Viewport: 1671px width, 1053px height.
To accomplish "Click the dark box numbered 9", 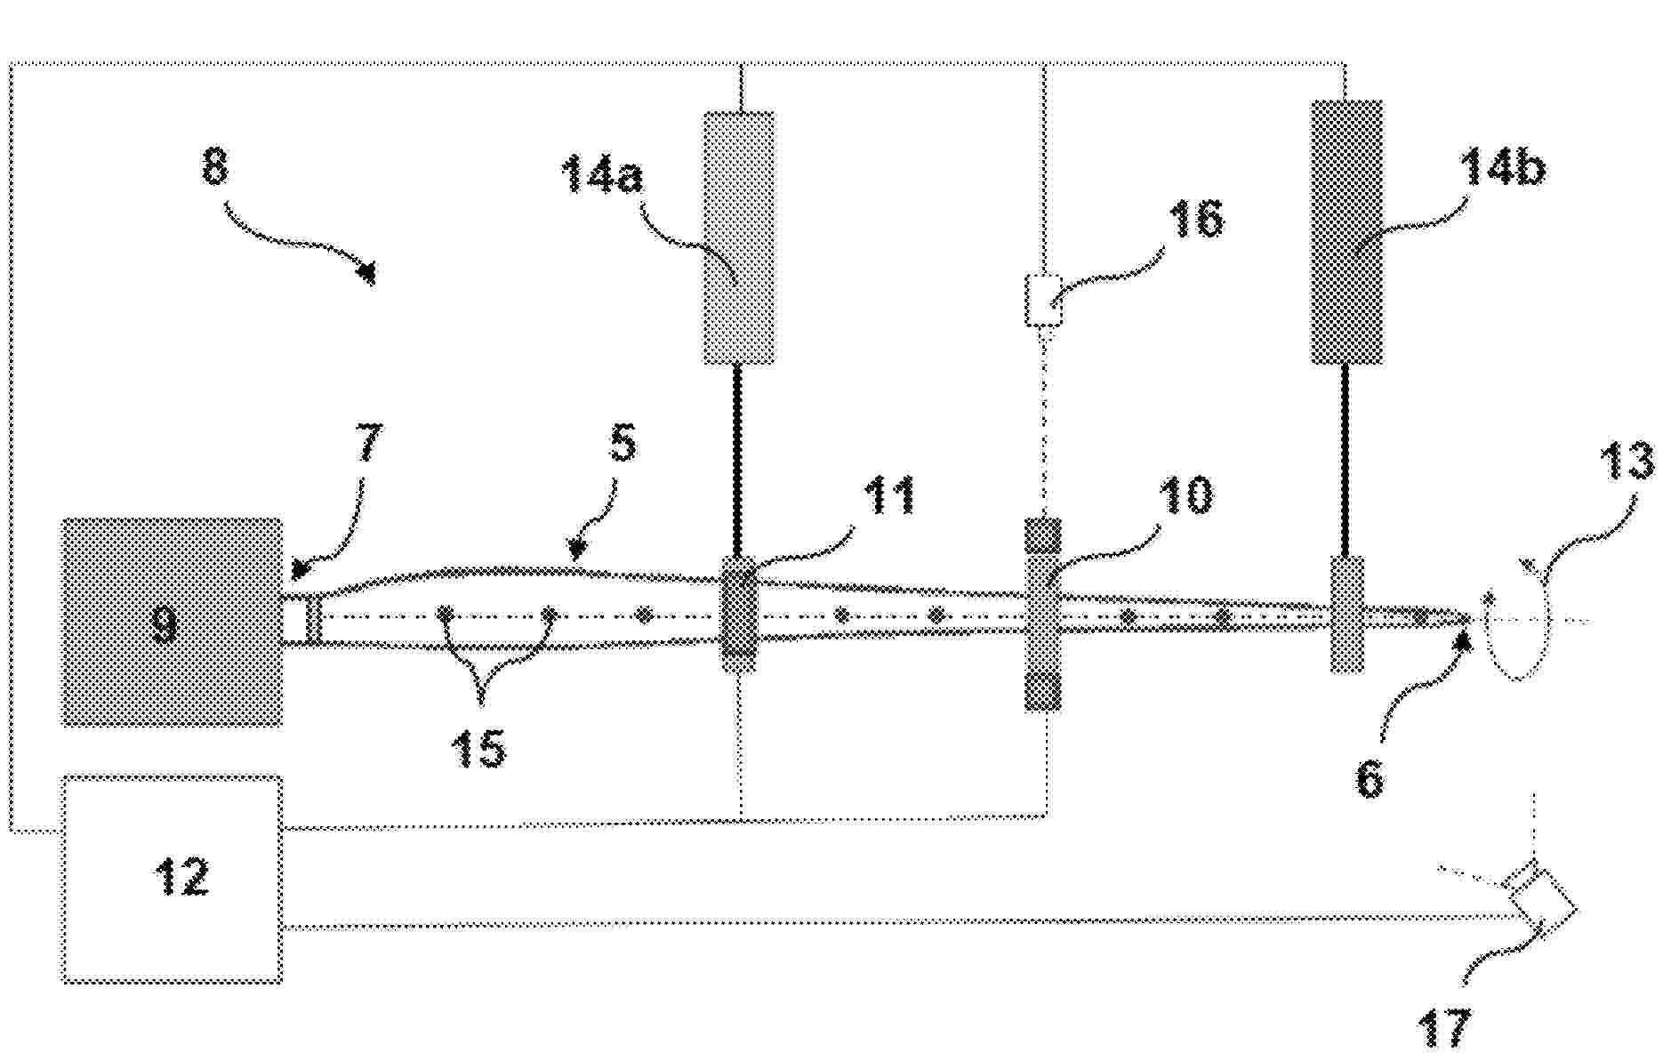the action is click(172, 622).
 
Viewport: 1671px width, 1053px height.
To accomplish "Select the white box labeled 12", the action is click(172, 879).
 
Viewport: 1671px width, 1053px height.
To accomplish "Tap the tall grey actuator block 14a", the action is click(738, 237).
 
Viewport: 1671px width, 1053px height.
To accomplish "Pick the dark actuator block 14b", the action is click(1347, 232).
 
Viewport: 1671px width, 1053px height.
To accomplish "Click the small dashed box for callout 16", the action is click(1044, 301).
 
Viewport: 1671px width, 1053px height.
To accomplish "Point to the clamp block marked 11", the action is click(738, 615).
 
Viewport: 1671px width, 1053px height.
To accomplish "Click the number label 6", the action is click(1370, 779).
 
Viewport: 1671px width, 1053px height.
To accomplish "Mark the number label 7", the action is click(368, 443).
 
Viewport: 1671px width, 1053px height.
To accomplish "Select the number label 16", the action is click(1196, 218).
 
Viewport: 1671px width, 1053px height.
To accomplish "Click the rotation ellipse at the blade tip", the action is click(1516, 620).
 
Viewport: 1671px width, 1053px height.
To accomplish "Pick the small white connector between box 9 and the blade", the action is click(302, 617).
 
